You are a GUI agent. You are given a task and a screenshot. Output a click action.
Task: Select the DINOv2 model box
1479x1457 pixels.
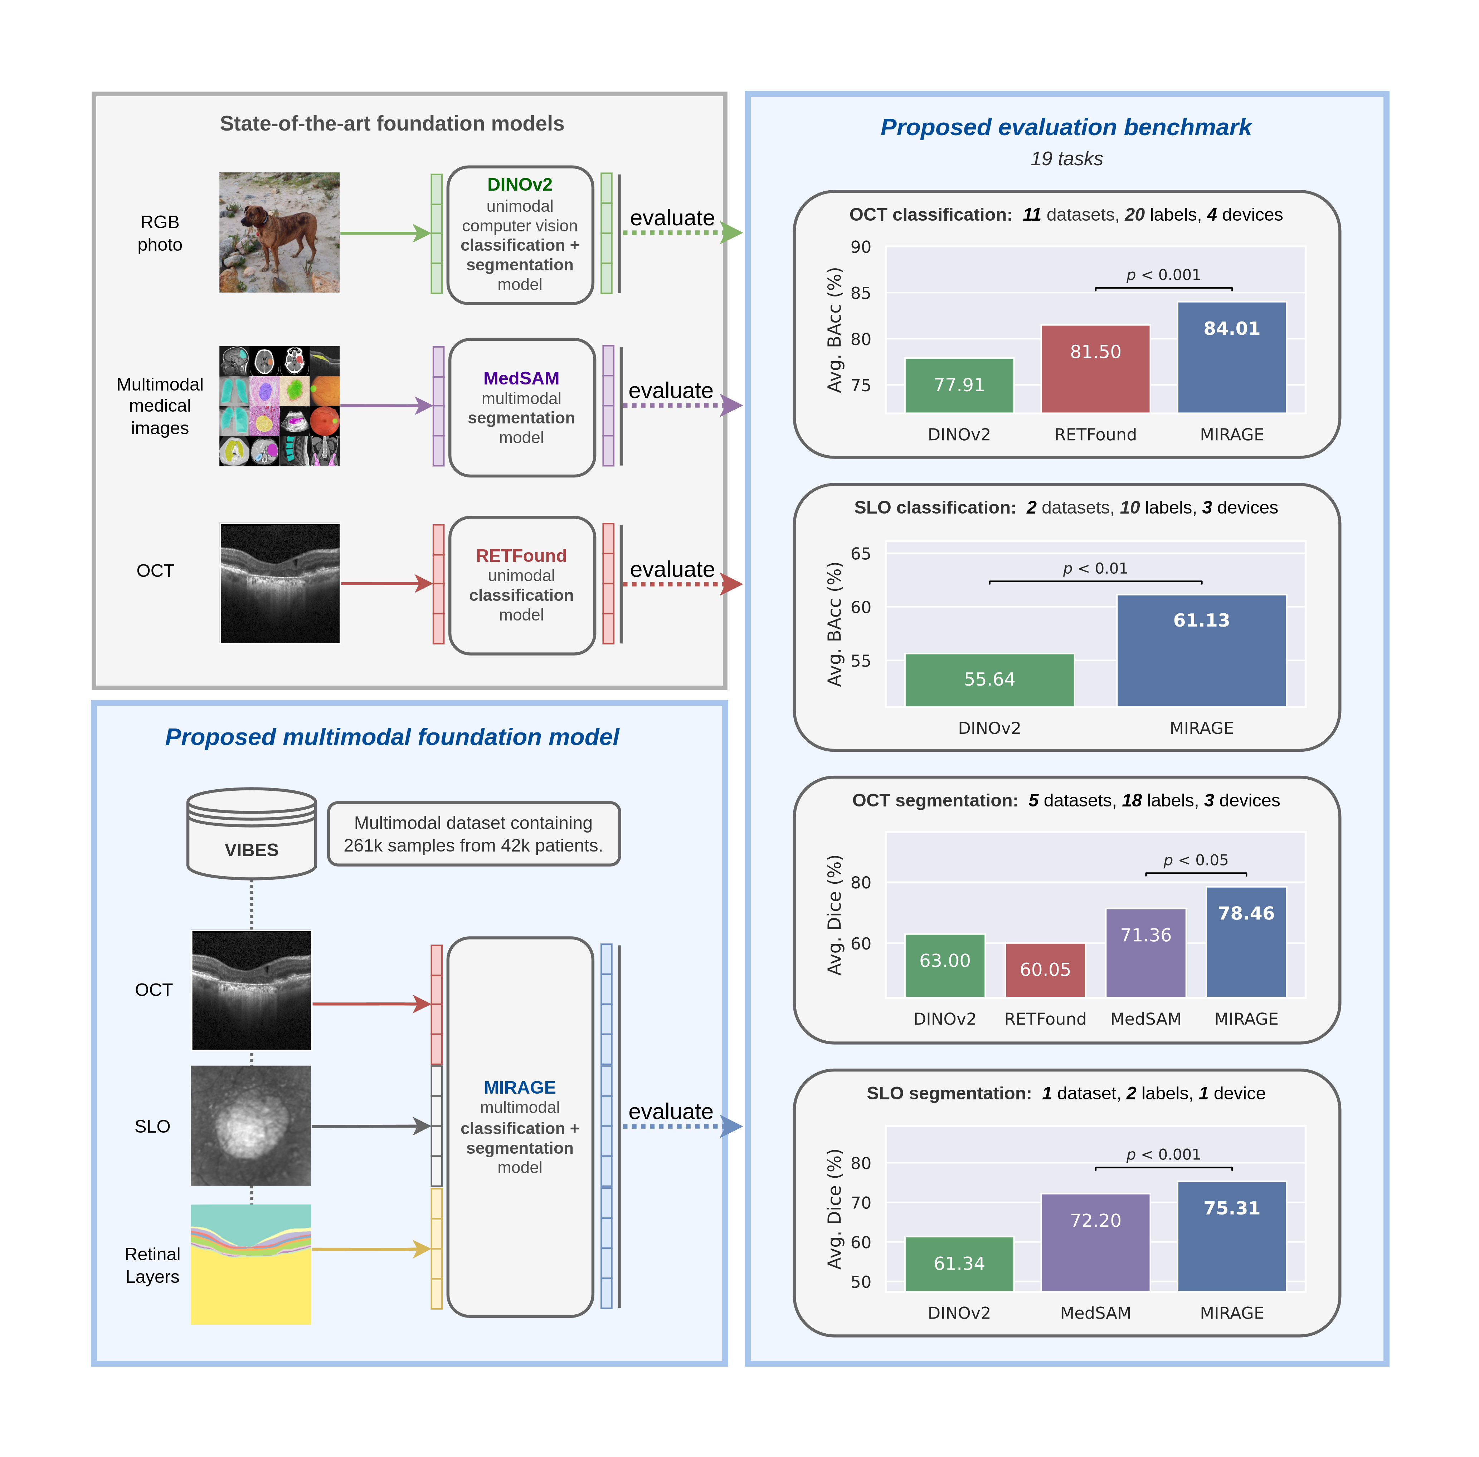[520, 235]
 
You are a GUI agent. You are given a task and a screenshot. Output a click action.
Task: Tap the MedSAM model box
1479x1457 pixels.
[521, 407]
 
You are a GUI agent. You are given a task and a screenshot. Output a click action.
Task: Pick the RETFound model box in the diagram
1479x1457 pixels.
[521, 585]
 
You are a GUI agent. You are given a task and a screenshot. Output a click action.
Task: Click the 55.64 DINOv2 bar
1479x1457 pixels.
[989, 680]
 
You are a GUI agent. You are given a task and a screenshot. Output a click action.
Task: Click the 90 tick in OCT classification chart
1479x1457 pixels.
[860, 247]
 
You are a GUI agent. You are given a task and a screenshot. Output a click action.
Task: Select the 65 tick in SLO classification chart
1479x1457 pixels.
[860, 553]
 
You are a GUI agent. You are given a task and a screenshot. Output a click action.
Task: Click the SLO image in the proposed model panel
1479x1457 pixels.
[251, 1126]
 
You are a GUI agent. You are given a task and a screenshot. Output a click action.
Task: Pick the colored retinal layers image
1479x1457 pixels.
[251, 1264]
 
